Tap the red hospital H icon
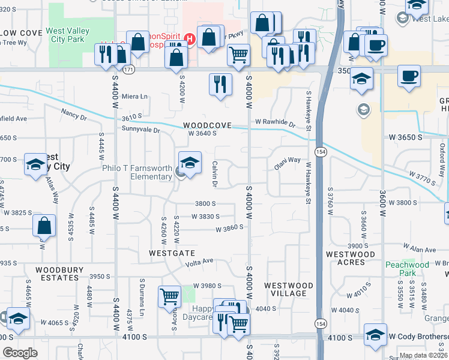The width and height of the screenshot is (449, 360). pos(190,40)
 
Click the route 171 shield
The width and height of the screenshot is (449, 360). pos(128,70)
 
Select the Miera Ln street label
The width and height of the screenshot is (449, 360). pos(134,97)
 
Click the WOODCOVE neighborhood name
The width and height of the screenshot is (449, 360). pos(208,125)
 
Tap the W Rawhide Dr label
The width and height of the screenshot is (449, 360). pos(276,123)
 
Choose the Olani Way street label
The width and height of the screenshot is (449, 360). pos(288,160)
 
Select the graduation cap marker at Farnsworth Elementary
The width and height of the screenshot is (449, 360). pos(190,163)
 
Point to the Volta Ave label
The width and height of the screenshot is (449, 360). pos(200,261)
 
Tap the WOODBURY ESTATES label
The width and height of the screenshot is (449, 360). pos(59,274)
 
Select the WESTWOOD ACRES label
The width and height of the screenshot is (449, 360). pos(350,258)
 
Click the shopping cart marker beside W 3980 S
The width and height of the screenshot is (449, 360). pos(169,297)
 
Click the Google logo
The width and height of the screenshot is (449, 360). pos(20,353)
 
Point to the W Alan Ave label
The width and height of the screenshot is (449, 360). pos(420,247)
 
